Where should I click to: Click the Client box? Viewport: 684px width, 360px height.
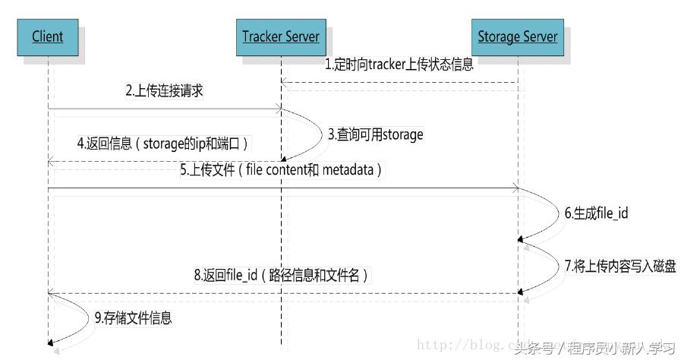pyautogui.click(x=48, y=36)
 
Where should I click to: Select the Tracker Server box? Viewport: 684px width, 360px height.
pyautogui.click(x=281, y=36)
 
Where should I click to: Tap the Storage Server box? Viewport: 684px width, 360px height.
pyautogui.click(x=518, y=36)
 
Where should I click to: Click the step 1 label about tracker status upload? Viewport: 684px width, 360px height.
pyautogui.click(x=400, y=65)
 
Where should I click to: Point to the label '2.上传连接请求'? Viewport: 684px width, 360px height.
pyautogui.click(x=165, y=91)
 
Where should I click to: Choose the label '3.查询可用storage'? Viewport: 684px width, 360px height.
pyautogui.click(x=376, y=134)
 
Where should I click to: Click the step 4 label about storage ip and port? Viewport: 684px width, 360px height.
pyautogui.click(x=163, y=143)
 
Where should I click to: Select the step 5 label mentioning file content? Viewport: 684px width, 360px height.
pyautogui.click(x=281, y=170)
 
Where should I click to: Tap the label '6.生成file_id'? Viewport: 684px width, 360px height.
pyautogui.click(x=596, y=213)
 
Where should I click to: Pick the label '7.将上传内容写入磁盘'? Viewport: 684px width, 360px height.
pyautogui.click(x=619, y=266)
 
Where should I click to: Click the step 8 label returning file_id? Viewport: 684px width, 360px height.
pyautogui.click(x=281, y=274)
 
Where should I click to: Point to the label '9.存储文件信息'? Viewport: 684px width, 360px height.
pyautogui.click(x=134, y=317)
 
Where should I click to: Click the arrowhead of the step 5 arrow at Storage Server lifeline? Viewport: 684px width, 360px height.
pyautogui.click(x=514, y=188)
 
